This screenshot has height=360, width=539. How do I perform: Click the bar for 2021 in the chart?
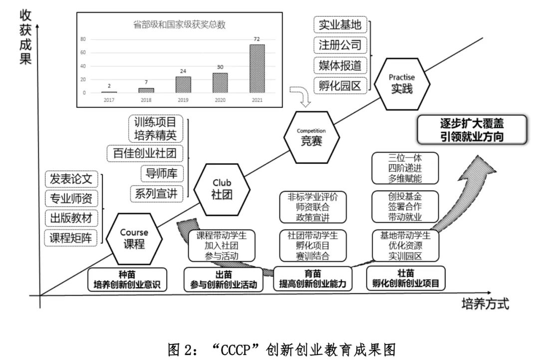pos(257,68)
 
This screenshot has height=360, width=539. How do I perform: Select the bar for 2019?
pos(183,84)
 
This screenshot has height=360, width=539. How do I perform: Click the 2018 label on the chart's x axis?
pos(146,100)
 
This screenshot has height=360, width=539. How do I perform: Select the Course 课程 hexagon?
pos(134,239)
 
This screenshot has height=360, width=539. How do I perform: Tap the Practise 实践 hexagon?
pos(402,83)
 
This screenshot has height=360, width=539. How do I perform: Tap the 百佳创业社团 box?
pos(145,153)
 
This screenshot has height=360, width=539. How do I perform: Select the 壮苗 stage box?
pos(406,279)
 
